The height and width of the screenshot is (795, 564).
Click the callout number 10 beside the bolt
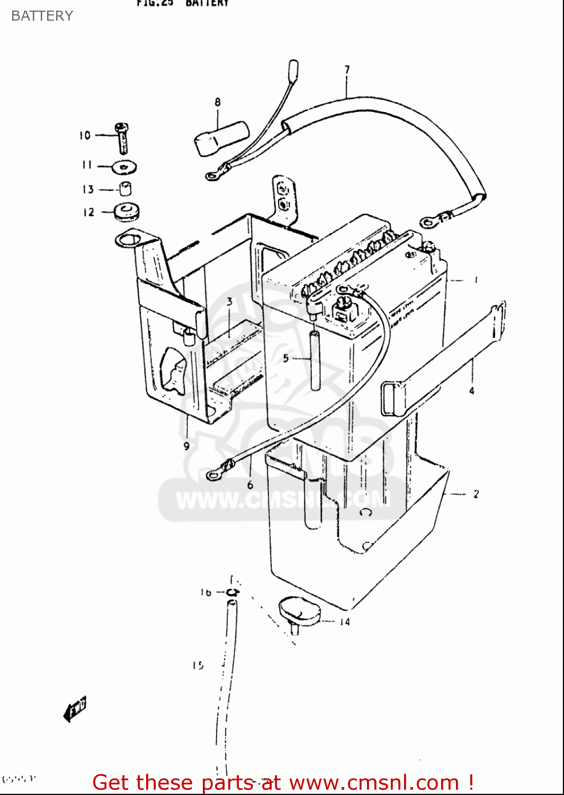click(x=85, y=136)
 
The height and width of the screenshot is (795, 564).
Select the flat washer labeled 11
click(x=124, y=167)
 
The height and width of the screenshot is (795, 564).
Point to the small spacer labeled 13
click(x=125, y=189)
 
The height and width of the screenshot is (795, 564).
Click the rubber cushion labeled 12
click(x=127, y=212)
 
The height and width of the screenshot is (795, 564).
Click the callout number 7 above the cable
click(x=347, y=69)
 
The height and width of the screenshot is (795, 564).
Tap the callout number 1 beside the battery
click(x=476, y=280)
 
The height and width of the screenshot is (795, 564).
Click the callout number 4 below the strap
click(x=471, y=391)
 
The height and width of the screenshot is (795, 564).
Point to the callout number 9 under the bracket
click(x=186, y=446)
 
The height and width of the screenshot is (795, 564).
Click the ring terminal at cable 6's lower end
click(x=213, y=474)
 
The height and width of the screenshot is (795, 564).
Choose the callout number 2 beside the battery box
click(x=476, y=494)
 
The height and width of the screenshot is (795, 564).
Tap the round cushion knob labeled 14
click(x=299, y=611)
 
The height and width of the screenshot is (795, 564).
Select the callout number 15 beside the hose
click(x=198, y=665)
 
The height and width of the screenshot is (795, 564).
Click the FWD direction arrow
click(x=75, y=709)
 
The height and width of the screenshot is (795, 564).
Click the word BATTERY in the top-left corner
click(x=42, y=16)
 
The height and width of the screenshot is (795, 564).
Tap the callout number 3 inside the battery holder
click(x=229, y=302)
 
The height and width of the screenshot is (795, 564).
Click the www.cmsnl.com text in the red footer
click(x=374, y=782)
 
